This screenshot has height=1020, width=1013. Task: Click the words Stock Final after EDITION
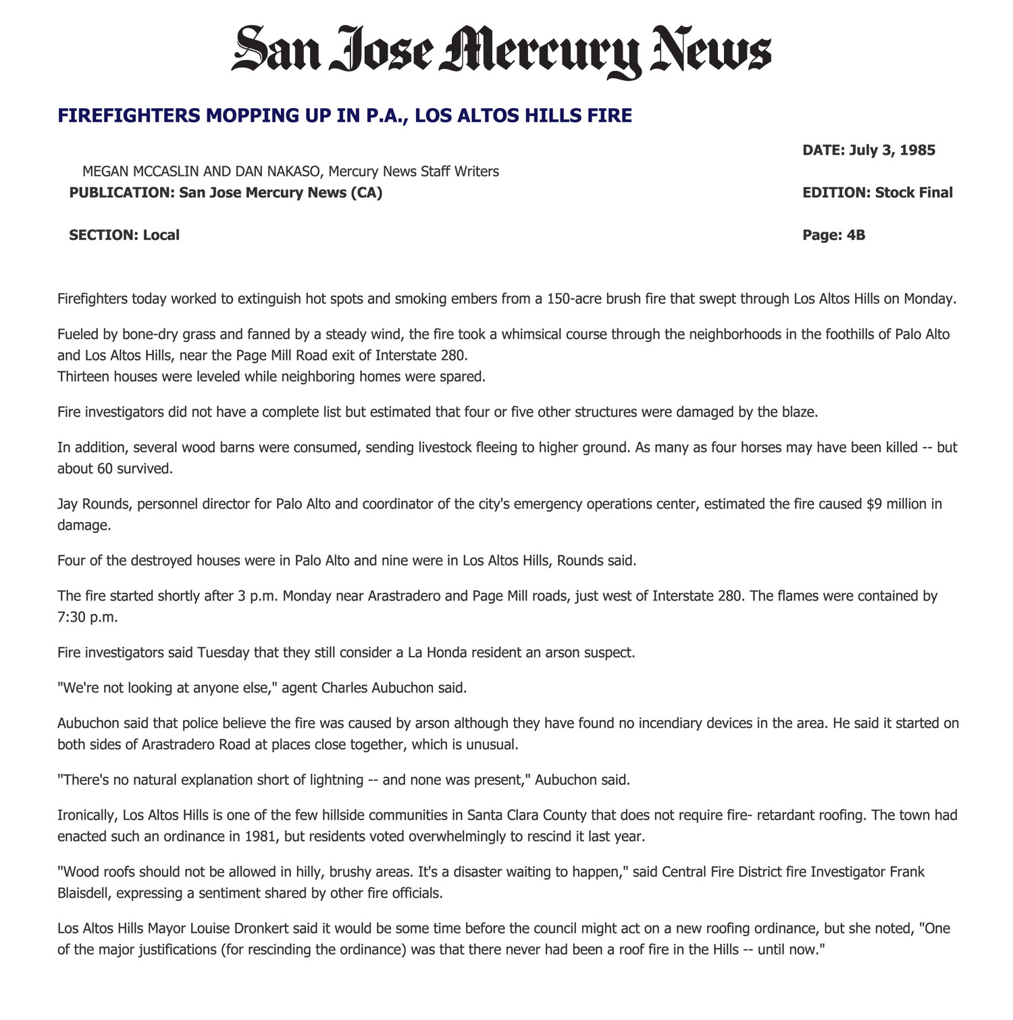[914, 193]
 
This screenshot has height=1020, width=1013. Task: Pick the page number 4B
[856, 235]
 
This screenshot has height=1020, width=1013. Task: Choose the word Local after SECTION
[161, 235]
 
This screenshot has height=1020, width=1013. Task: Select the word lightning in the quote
[332, 780]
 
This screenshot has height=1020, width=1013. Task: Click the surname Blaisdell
[84, 893]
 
